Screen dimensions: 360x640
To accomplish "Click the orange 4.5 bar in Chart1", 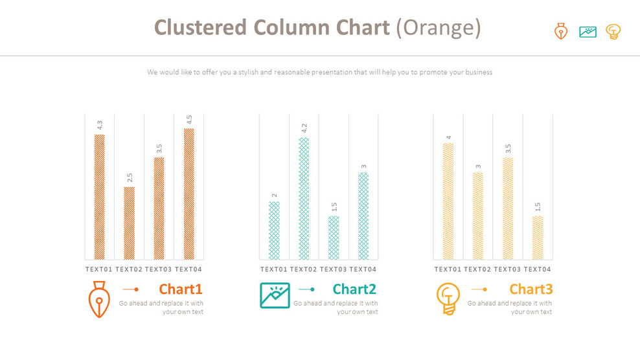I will click(x=189, y=194).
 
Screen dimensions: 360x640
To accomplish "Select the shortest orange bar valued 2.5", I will click(x=130, y=223).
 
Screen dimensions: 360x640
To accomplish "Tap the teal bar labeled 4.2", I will click(x=304, y=198).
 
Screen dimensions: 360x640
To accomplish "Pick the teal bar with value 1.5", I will click(x=334, y=238).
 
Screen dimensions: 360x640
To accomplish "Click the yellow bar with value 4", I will click(x=448, y=201).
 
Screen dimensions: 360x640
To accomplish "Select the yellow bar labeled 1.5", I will click(x=538, y=238).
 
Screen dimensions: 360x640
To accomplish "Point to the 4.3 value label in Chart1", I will click(x=100, y=125).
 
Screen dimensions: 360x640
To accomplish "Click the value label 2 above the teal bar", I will click(x=274, y=195).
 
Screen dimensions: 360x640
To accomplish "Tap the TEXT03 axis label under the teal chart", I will click(x=334, y=269).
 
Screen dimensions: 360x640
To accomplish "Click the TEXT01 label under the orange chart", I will click(x=99, y=269).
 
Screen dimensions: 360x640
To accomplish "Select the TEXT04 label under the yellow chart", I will click(x=538, y=269).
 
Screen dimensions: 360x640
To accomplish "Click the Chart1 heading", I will click(x=181, y=289).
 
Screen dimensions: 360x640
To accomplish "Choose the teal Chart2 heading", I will click(x=354, y=289).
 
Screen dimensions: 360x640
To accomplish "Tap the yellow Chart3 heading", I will click(x=531, y=289).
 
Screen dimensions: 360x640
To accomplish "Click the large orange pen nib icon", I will click(x=98, y=299).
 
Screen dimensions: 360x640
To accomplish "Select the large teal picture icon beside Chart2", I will click(x=275, y=295).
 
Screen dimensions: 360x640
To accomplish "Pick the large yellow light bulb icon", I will click(x=448, y=298).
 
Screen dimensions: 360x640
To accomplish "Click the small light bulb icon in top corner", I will click(x=613, y=32).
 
